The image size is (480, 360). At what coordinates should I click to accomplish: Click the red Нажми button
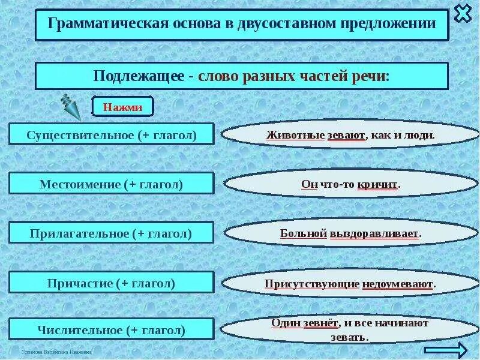coord(122,107)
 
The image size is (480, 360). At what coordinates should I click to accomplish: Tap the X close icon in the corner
coord(463,13)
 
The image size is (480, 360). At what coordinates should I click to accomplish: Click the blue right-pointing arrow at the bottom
coord(445,350)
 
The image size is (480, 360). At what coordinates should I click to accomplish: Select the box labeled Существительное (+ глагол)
coord(112,134)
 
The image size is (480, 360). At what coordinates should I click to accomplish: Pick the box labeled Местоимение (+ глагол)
coord(112,184)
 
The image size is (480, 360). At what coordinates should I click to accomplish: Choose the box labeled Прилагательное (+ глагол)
coord(112,233)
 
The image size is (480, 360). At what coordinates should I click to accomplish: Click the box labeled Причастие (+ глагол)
coord(112,283)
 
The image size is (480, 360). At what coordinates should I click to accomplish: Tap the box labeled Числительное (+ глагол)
coord(112,329)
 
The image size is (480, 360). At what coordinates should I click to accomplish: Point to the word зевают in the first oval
coord(346,135)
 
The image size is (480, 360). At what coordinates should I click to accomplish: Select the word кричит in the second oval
coord(379,185)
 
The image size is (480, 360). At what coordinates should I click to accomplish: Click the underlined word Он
coord(309,185)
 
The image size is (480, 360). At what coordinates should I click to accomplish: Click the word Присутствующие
coord(311,283)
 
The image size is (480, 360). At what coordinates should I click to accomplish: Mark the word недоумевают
coord(397,283)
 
